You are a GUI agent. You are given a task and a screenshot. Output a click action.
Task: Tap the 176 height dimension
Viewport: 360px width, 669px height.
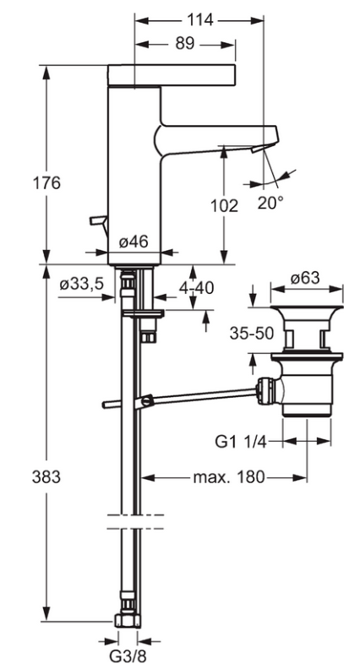[25, 182]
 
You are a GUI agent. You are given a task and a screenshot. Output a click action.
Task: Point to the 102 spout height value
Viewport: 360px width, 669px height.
[226, 205]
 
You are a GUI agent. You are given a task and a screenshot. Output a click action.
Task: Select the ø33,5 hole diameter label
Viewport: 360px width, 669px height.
[81, 285]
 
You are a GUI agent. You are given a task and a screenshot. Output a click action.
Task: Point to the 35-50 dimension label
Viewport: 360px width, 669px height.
[250, 333]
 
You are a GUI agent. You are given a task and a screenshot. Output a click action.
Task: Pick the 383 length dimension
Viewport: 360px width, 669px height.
[24, 476]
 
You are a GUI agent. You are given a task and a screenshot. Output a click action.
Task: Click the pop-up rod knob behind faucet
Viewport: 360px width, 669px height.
[95, 220]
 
